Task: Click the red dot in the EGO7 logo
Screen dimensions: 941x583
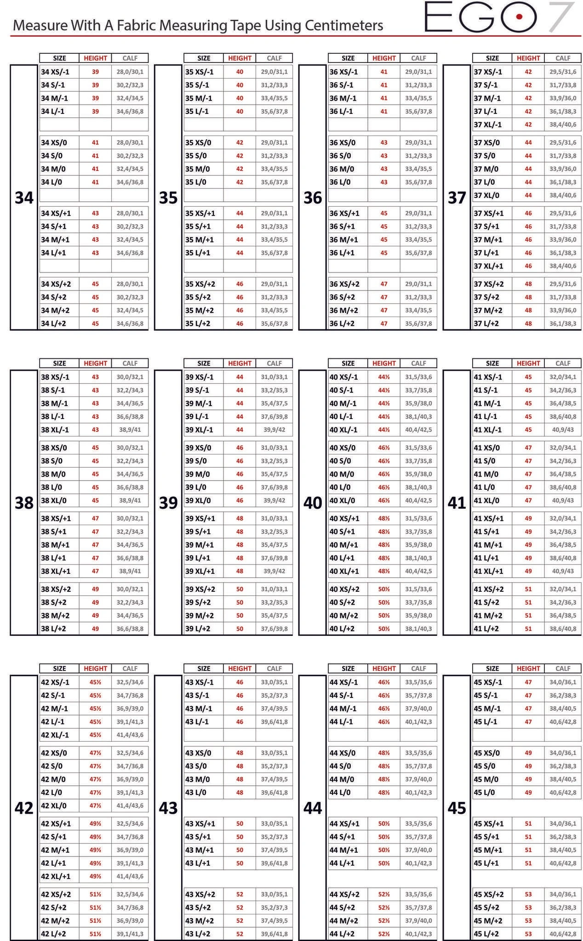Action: click(x=519, y=17)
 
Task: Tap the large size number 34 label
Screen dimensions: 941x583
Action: click(x=24, y=198)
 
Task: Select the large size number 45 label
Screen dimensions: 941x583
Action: click(x=457, y=808)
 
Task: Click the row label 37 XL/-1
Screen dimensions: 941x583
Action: click(x=488, y=125)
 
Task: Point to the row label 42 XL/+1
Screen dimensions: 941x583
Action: click(x=56, y=876)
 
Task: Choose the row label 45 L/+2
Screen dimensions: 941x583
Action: click(x=486, y=934)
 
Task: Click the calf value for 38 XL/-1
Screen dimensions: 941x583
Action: click(x=130, y=430)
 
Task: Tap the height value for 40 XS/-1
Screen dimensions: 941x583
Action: click(x=384, y=377)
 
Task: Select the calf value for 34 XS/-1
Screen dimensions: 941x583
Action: click(x=130, y=72)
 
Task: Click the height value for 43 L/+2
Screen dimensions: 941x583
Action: click(x=240, y=934)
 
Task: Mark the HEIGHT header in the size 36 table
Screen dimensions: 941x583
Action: click(x=384, y=58)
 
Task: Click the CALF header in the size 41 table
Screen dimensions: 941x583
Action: click(x=563, y=363)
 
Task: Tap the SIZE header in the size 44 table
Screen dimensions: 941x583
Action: click(x=348, y=669)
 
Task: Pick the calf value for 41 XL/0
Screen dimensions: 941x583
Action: click(x=563, y=500)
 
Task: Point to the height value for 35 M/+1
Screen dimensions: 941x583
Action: click(x=240, y=240)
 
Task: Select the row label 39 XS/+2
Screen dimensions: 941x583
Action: click(x=200, y=590)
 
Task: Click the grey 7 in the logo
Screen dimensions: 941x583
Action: click(x=561, y=17)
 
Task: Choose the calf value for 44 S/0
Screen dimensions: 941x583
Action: click(x=418, y=766)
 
